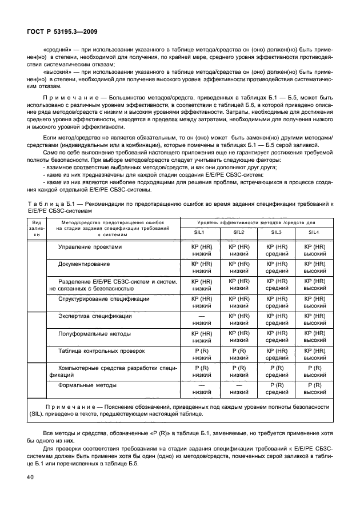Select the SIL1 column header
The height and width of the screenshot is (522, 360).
tap(199, 232)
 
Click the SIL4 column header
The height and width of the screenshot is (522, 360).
tap(314, 232)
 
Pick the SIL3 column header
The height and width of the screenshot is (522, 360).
tap(276, 232)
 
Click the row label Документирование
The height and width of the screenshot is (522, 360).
tap(84, 264)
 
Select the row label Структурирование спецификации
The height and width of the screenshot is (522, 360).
tap(103, 298)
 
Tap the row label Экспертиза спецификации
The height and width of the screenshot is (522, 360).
tap(95, 316)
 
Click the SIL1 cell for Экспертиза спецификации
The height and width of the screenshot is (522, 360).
tap(200, 319)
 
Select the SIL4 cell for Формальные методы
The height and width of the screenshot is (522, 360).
tap(314, 389)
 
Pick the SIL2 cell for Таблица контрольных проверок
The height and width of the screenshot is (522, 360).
tap(238, 353)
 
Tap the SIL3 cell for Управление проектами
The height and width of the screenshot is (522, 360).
tap(276, 250)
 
